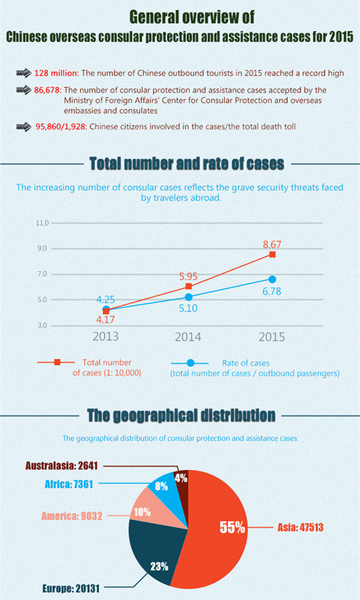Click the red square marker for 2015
[x=272, y=254]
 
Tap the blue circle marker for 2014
[x=188, y=297]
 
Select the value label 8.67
[x=272, y=244]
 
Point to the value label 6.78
[x=271, y=291]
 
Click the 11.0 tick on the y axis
[x=42, y=223]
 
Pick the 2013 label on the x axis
[x=106, y=337]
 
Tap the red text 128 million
[x=56, y=73]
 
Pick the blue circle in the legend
[x=190, y=362]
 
